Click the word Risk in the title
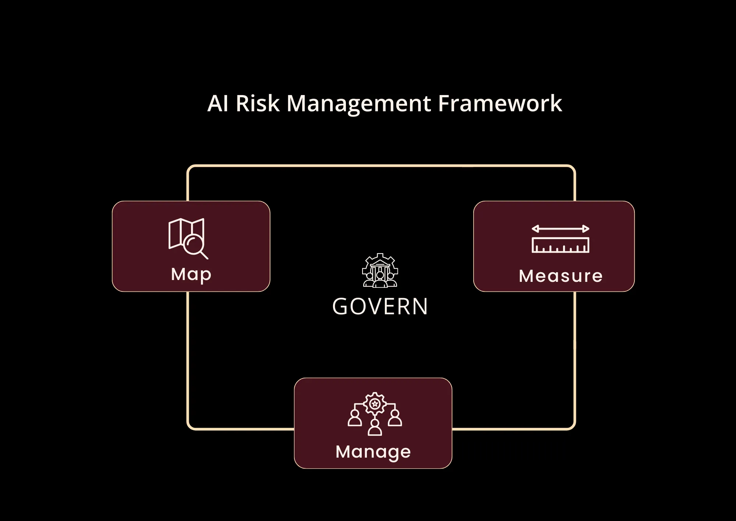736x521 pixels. click(257, 104)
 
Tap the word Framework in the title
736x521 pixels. click(500, 104)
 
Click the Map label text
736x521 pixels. click(191, 275)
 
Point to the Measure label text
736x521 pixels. click(560, 276)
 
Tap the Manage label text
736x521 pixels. click(373, 452)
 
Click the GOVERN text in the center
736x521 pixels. click(380, 307)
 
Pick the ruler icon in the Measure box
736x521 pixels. click(560, 245)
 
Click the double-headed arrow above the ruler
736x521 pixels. click(560, 229)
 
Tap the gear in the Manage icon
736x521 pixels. click(375, 404)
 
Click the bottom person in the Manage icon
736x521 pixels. click(375, 428)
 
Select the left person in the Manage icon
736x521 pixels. click(355, 418)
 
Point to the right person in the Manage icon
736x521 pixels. click(395, 418)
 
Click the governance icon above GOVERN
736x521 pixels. click(380, 270)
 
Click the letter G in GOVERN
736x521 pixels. click(340, 307)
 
